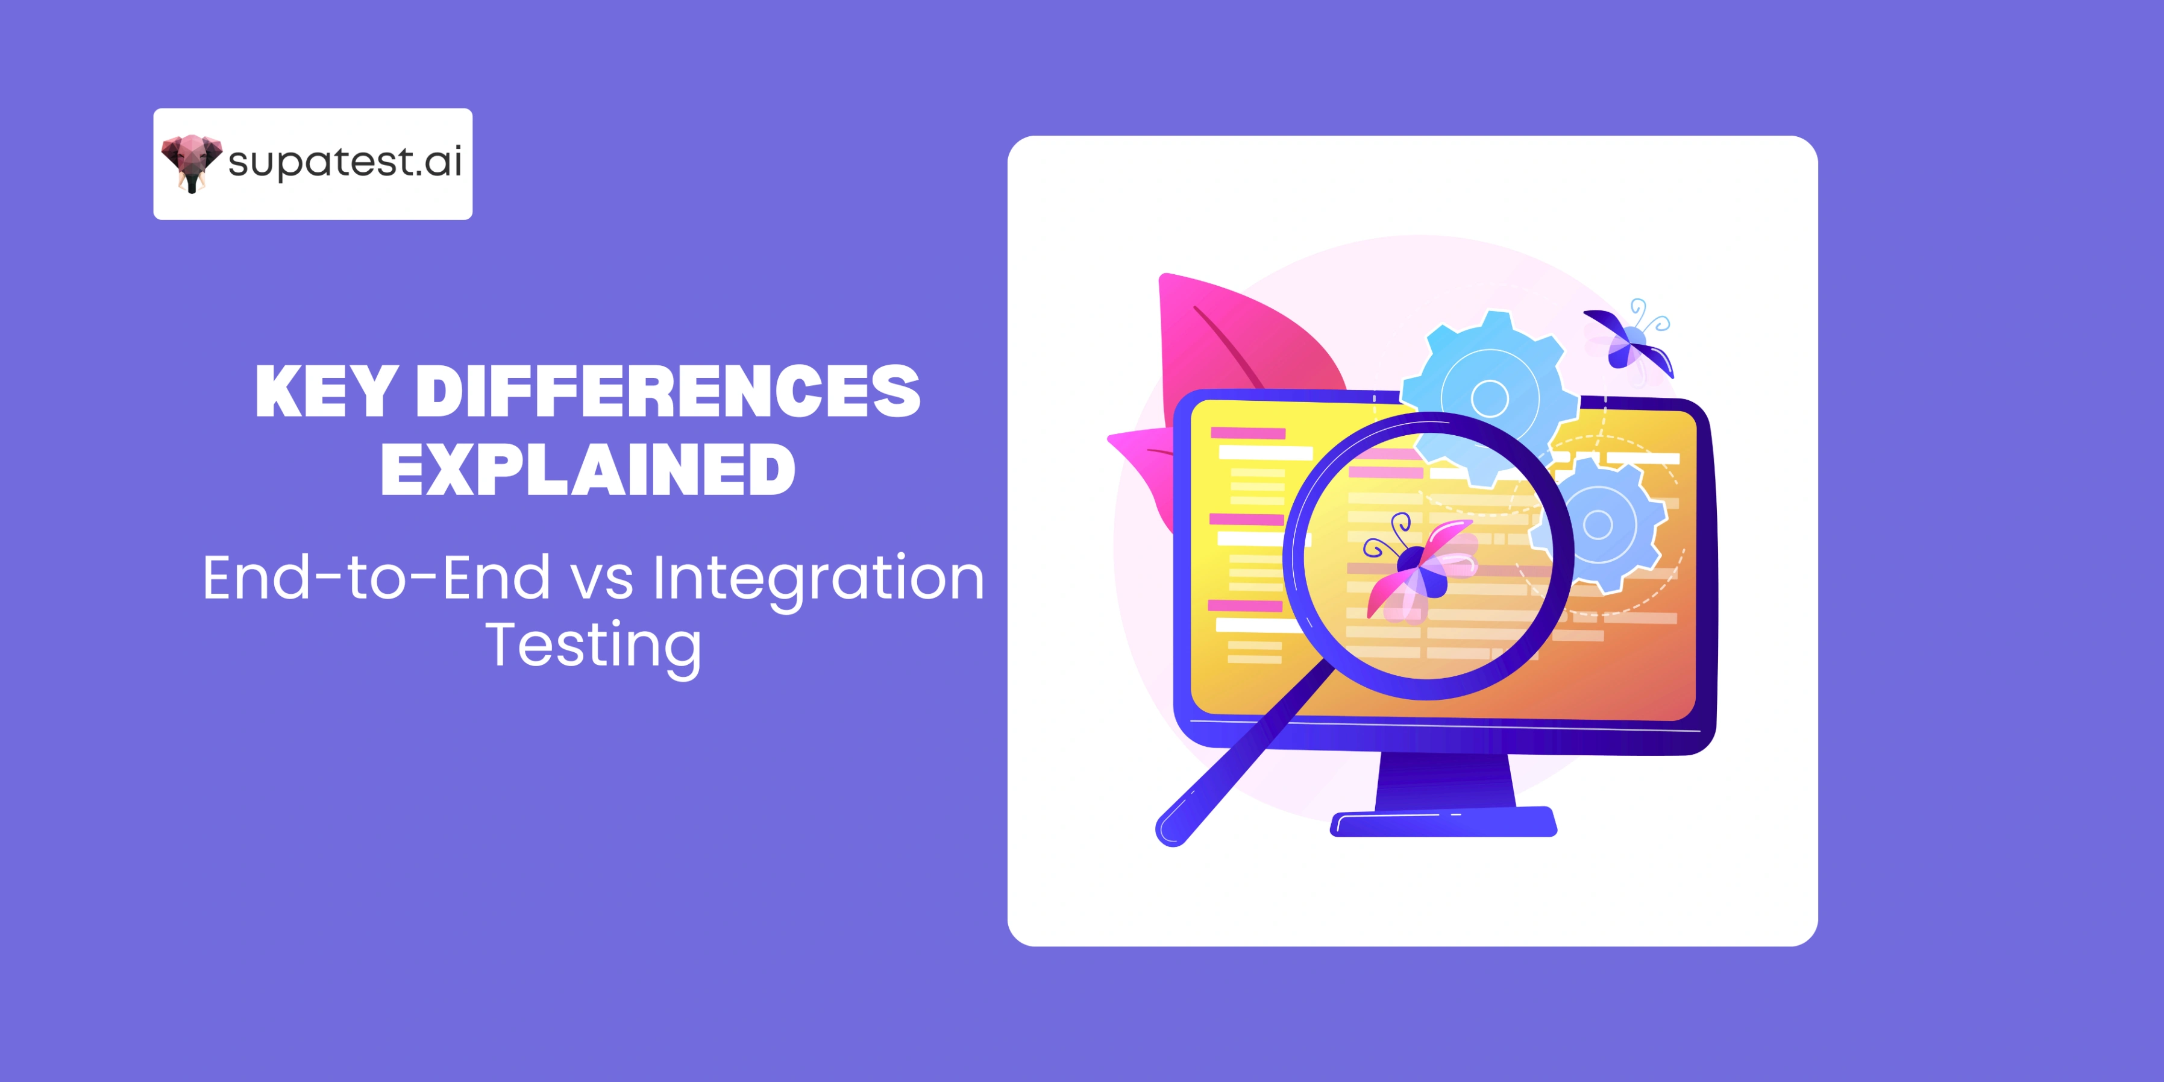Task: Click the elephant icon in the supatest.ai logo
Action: (190, 162)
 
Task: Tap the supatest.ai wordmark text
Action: (345, 162)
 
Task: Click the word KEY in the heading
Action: (326, 391)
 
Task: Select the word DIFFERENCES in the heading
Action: (668, 391)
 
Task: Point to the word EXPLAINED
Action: (588, 470)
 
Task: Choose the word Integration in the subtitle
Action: (818, 580)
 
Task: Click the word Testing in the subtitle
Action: (593, 645)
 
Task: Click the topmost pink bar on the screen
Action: (1247, 433)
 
